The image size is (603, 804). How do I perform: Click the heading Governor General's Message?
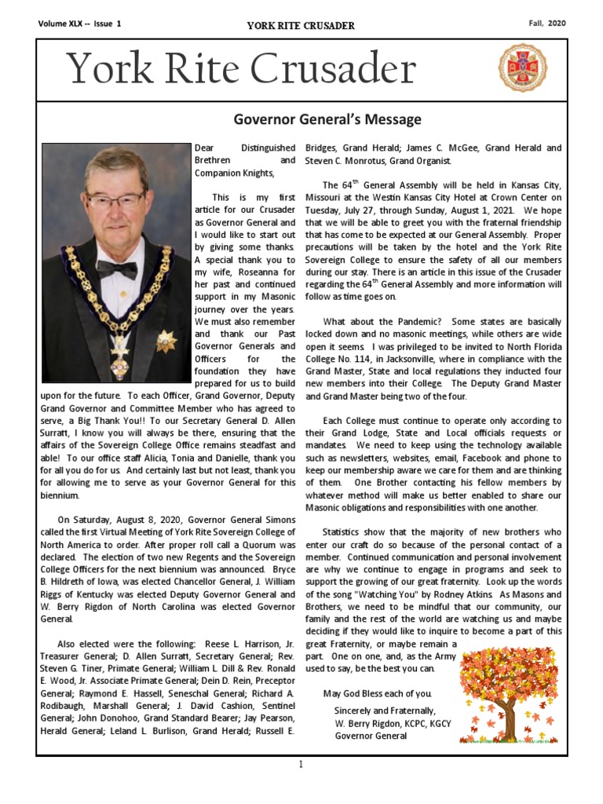(x=327, y=119)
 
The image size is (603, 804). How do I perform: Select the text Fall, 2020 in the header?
(x=547, y=24)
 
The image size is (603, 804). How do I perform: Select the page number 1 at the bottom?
(x=301, y=766)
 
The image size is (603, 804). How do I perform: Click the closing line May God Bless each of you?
(x=377, y=694)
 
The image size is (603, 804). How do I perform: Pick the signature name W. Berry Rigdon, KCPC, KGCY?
(x=393, y=722)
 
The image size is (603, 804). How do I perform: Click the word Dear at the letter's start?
(x=203, y=148)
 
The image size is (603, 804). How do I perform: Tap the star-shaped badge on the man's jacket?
(x=166, y=341)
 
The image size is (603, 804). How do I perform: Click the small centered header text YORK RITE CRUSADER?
(x=301, y=26)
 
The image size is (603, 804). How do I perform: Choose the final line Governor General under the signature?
(x=370, y=736)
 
